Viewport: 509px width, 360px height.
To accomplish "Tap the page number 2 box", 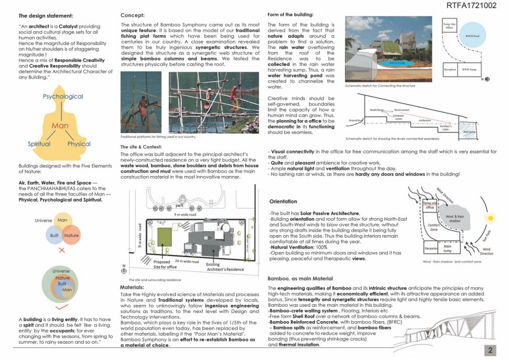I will coord(490,350).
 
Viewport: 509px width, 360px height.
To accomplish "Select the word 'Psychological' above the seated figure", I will coord(63,96).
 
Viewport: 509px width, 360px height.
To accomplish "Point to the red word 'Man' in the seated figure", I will coord(60,126).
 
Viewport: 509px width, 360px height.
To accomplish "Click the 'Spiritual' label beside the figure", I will coord(39,144).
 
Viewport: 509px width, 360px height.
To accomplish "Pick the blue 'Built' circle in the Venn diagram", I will coord(54,235).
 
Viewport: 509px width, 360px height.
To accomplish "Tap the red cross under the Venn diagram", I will coord(62,250).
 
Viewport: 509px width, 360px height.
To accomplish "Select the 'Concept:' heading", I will coord(133,15).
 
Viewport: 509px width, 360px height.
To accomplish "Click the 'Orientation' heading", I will coord(283,202).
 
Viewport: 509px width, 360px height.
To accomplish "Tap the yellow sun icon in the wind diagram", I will coord(490,217).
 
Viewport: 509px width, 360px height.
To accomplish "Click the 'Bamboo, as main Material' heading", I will coord(300,278).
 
